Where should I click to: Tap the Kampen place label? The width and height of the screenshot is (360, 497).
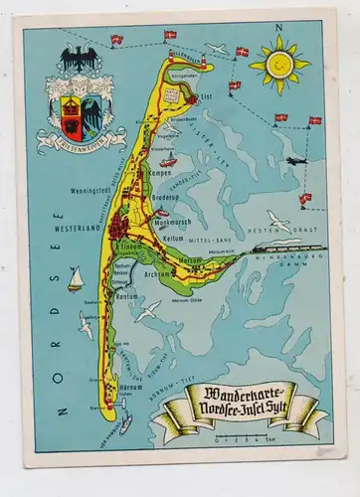click(162, 172)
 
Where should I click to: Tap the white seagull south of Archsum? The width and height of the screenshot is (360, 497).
click(147, 310)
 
